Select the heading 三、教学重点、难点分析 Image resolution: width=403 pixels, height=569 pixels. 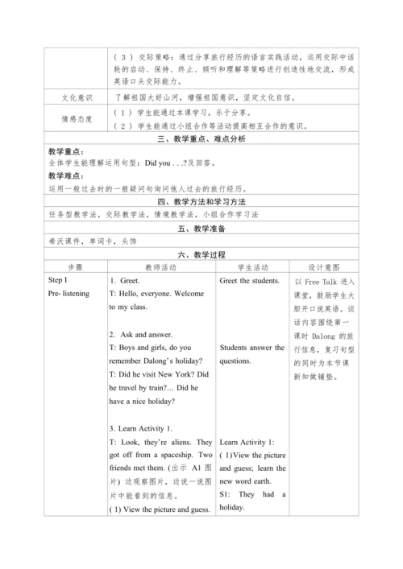(201, 139)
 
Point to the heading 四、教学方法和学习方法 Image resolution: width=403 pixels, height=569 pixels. (201, 200)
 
